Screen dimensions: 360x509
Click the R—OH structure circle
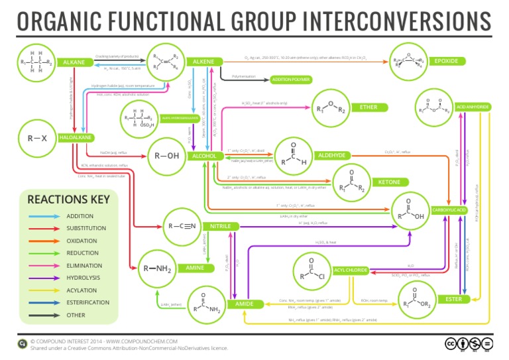pyautogui.click(x=166, y=156)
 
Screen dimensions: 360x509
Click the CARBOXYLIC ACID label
pyautogui.click(x=451, y=210)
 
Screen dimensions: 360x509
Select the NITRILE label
pyautogui.click(x=221, y=226)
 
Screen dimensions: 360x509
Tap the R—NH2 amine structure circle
pyautogui.click(x=158, y=269)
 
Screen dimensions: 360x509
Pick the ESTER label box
pyautogui.click(x=454, y=299)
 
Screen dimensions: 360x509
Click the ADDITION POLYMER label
pyautogui.click(x=290, y=79)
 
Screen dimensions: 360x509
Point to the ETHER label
pyautogui.click(x=368, y=107)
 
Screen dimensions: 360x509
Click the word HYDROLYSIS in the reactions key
pyautogui.click(x=82, y=278)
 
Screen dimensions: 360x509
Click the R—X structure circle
pyautogui.click(x=37, y=139)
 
